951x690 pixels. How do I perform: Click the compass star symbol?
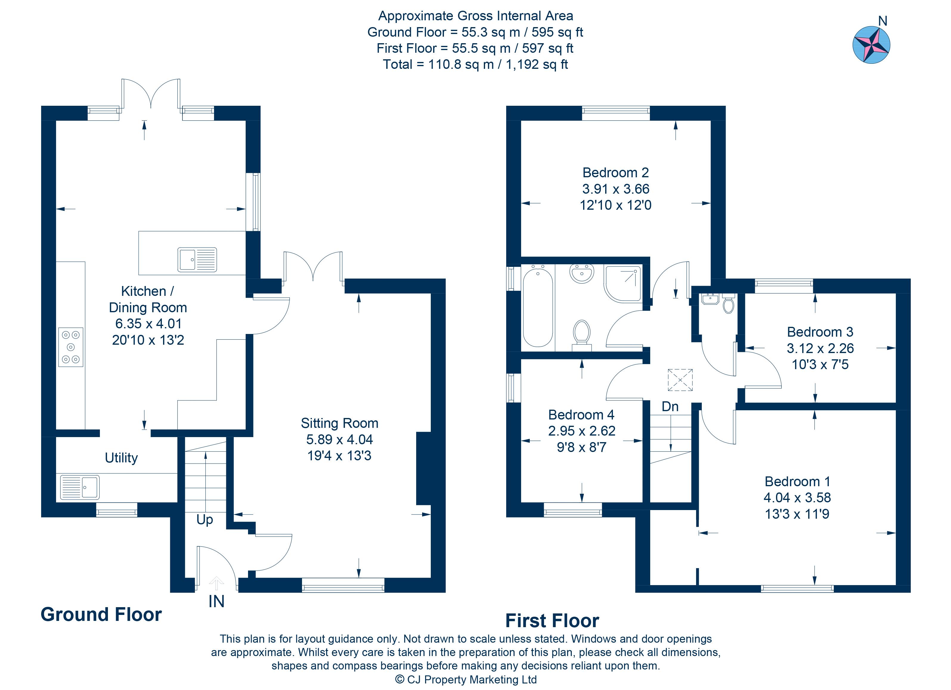click(x=871, y=45)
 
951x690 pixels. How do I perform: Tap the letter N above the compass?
click(x=883, y=21)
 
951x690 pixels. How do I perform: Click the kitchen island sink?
click(x=197, y=259)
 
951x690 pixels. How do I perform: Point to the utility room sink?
click(x=80, y=487)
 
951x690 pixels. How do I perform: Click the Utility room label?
click(x=121, y=458)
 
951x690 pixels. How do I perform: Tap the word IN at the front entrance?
click(x=216, y=602)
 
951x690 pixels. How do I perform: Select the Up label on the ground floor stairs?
click(x=205, y=520)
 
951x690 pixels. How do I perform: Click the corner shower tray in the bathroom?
click(x=623, y=284)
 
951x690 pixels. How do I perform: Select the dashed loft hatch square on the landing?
click(x=680, y=380)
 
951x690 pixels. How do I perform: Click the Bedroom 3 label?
click(x=820, y=332)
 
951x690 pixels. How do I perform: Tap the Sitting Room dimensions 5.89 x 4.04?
click(x=339, y=439)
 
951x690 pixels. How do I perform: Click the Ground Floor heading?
click(x=101, y=615)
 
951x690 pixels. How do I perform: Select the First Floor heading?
click(x=552, y=621)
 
